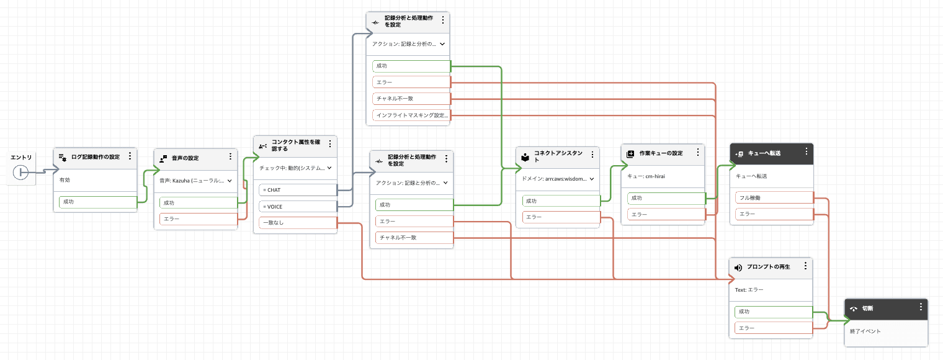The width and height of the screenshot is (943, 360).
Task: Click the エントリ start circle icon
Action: [x=21, y=173]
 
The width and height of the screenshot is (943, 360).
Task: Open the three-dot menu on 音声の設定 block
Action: [x=230, y=157]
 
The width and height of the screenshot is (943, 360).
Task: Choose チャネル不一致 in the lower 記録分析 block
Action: [x=414, y=237]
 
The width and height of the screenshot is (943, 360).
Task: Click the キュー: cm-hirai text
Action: [x=646, y=176]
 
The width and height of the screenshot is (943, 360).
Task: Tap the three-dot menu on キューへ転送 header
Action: [x=806, y=151]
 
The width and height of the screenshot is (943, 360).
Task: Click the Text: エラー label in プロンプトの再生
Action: [x=749, y=289]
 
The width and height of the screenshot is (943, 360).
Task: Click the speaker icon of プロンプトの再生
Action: [x=738, y=268]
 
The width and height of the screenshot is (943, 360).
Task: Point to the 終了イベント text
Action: [x=865, y=331]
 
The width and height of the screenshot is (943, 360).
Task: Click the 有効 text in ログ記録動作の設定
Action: [x=65, y=179]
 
